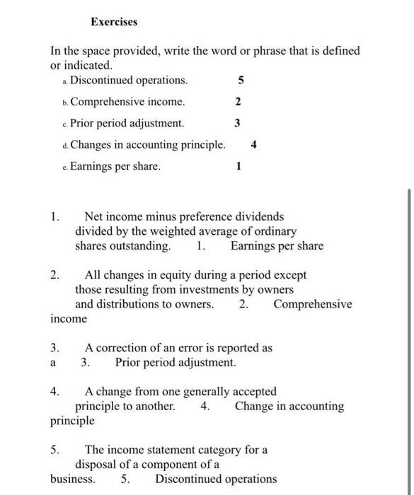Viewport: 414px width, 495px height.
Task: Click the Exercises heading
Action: [114, 22]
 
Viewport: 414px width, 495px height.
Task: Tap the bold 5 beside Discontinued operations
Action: [240, 80]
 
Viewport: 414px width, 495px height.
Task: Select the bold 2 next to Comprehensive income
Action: [237, 102]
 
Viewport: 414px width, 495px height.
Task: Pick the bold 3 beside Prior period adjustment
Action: [237, 123]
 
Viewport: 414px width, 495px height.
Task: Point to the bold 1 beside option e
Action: [238, 167]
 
